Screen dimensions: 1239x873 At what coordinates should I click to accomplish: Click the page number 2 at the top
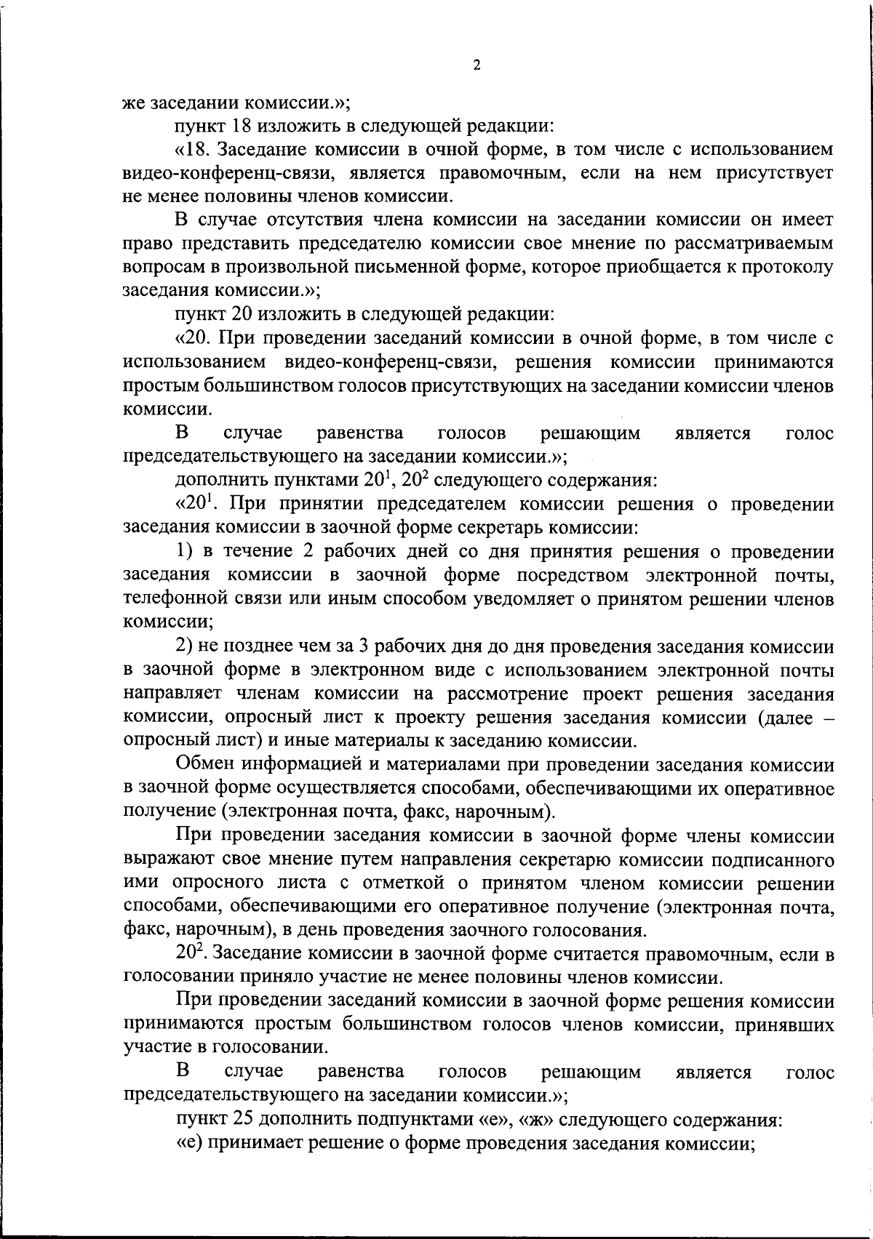[477, 66]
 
